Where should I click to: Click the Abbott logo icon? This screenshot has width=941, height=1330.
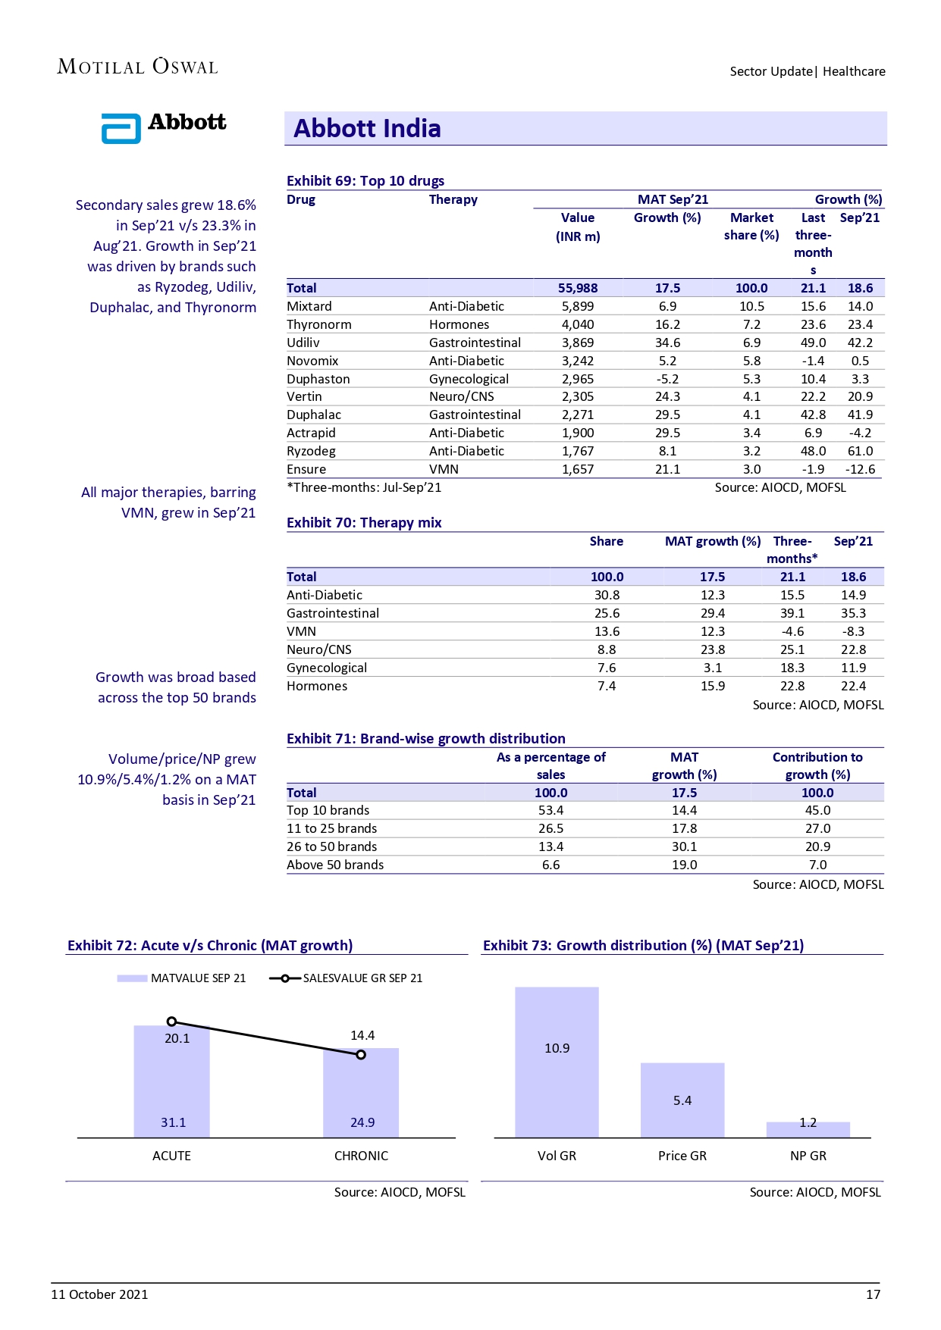(x=121, y=128)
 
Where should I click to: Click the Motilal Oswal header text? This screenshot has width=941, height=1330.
(x=137, y=67)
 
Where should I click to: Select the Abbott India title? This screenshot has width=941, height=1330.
(x=367, y=129)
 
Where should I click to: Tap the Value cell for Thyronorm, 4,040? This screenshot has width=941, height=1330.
(x=578, y=324)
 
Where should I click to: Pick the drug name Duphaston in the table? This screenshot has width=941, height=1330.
(x=318, y=379)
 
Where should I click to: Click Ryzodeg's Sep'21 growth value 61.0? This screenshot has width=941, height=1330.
(x=860, y=451)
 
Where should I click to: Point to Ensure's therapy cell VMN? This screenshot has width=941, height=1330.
(x=444, y=469)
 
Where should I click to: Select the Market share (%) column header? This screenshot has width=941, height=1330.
(x=751, y=227)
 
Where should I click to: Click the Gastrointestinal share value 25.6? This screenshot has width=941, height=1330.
(x=607, y=613)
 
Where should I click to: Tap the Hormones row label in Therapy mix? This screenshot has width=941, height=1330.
(x=317, y=686)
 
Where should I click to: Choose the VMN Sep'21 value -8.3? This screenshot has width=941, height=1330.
(x=853, y=631)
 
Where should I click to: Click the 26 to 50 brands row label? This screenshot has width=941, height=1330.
(x=331, y=847)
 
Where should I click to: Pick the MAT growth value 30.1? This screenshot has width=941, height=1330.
(x=684, y=847)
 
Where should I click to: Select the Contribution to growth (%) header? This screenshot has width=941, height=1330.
(x=817, y=765)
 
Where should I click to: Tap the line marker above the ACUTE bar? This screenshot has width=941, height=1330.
(x=171, y=1022)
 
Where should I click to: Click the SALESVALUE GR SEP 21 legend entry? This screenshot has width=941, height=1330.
(x=347, y=978)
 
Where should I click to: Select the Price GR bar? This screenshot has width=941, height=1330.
(x=682, y=1100)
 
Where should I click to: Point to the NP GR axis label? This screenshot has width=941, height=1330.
(x=808, y=1156)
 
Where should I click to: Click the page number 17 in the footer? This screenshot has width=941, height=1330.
(x=873, y=1294)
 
